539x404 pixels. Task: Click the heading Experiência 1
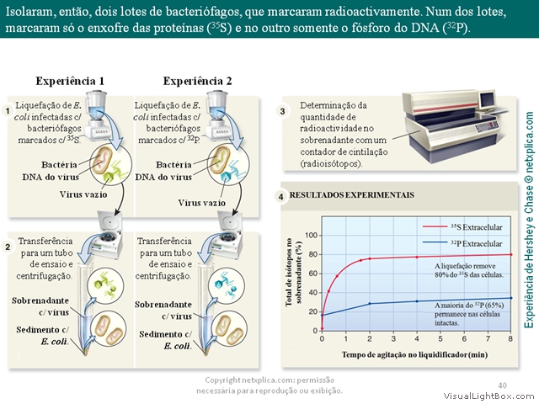click(x=70, y=81)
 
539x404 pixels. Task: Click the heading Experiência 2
click(x=197, y=81)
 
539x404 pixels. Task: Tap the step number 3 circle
click(x=283, y=111)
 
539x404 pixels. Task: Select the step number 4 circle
click(x=280, y=197)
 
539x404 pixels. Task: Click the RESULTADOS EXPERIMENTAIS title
click(x=352, y=195)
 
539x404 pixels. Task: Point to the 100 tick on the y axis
click(x=311, y=236)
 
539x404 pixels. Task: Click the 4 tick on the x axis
click(x=417, y=338)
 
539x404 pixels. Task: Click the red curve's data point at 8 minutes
click(x=511, y=254)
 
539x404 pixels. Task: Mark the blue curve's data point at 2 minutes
click(x=370, y=304)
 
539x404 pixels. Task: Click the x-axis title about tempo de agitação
click(x=414, y=354)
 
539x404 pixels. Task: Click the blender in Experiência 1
click(x=97, y=115)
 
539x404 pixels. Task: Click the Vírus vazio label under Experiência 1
click(x=83, y=194)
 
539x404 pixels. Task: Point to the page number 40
click(x=502, y=385)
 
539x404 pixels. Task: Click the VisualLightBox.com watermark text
click(x=490, y=396)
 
